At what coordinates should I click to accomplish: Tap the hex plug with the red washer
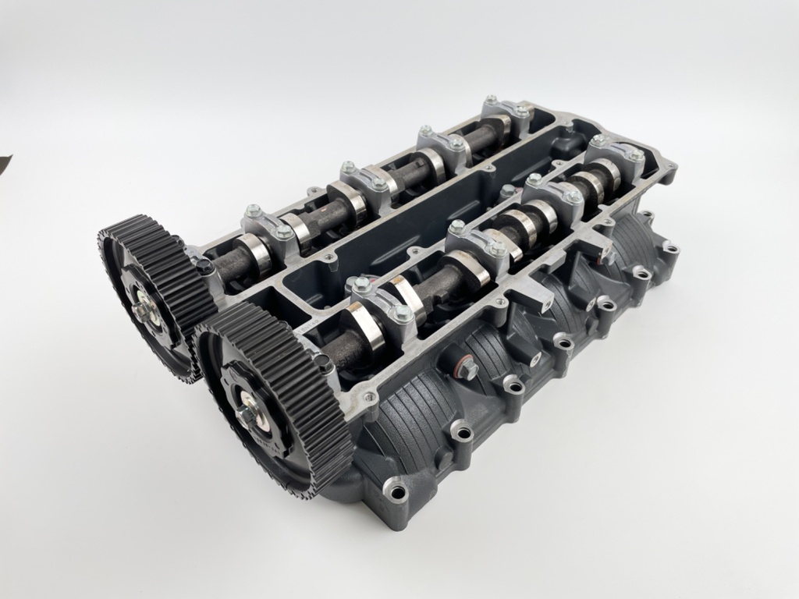[x=467, y=370]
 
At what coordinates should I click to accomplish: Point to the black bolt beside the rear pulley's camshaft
[x=204, y=268]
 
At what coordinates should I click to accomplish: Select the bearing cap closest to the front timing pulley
[x=382, y=299]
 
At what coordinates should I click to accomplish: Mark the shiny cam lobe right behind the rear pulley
[x=253, y=253]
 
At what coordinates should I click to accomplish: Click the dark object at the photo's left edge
[x=4, y=165]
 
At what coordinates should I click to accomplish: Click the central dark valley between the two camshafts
[x=406, y=226]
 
